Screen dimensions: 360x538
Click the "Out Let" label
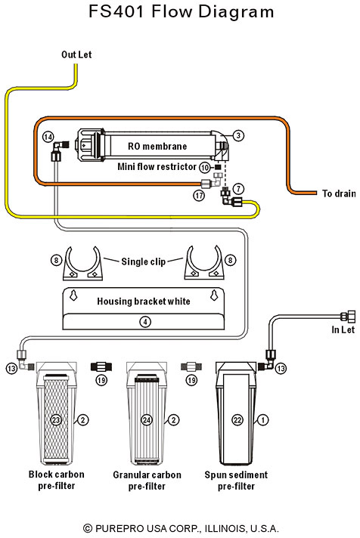(x=76, y=54)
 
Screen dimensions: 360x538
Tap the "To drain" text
(x=339, y=193)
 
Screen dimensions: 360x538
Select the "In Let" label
(x=343, y=329)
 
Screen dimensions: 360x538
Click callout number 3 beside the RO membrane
(x=238, y=135)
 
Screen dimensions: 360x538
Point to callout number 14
(x=48, y=138)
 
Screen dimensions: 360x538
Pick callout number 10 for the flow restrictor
(x=205, y=168)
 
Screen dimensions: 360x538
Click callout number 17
(x=199, y=196)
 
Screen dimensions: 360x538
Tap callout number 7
(x=238, y=188)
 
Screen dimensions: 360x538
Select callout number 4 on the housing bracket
(x=145, y=322)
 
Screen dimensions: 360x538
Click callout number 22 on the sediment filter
(x=237, y=419)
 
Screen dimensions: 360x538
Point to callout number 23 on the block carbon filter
(x=56, y=419)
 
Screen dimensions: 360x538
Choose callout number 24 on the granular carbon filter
(x=147, y=419)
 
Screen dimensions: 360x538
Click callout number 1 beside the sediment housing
(x=263, y=419)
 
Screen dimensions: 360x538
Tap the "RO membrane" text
(x=157, y=147)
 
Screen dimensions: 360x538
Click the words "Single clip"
(x=143, y=261)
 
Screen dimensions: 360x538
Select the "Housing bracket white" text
(x=143, y=301)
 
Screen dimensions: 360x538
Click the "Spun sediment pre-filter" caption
(x=236, y=481)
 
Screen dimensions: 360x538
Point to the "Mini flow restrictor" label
(x=157, y=167)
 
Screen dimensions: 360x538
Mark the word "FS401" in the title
(x=116, y=11)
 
